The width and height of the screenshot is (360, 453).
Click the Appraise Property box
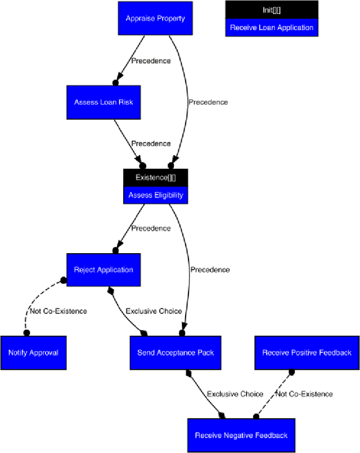(x=155, y=18)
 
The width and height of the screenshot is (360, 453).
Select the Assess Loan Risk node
(x=103, y=102)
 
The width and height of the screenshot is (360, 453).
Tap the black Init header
(x=272, y=10)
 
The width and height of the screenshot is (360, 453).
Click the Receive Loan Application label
(x=272, y=28)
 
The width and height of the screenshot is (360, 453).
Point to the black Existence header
(x=156, y=178)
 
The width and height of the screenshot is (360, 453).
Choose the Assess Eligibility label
(x=156, y=195)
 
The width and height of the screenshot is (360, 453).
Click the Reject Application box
(x=103, y=270)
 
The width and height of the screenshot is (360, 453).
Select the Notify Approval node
(x=33, y=353)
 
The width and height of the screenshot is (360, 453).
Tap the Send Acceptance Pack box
(x=175, y=353)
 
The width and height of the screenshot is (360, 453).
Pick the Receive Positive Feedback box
(x=307, y=353)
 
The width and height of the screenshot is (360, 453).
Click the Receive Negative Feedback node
(x=241, y=435)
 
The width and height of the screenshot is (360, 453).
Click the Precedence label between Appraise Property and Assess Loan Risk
(x=151, y=61)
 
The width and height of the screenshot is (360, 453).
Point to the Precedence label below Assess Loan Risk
(x=151, y=143)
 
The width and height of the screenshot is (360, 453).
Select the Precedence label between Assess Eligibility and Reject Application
(x=151, y=228)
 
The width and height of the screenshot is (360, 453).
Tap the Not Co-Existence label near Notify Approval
(x=58, y=311)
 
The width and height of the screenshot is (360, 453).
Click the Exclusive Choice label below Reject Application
(x=154, y=311)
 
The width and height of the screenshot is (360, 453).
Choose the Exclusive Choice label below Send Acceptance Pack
(x=235, y=394)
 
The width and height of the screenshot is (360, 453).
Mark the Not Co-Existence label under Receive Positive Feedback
(x=304, y=394)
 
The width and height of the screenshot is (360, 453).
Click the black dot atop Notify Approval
(x=25, y=333)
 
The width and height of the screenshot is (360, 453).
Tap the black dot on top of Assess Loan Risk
(x=115, y=83)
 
